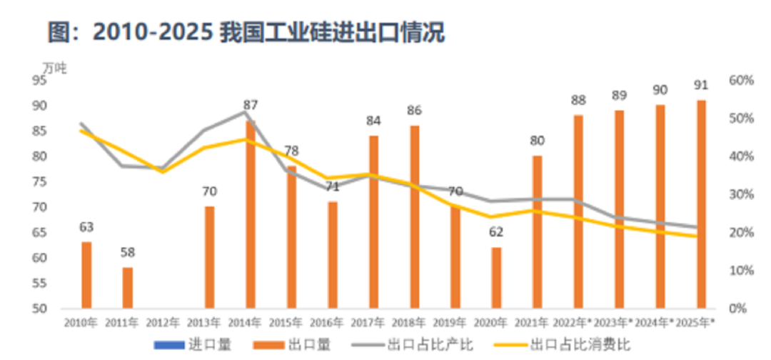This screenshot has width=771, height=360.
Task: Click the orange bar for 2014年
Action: click(251, 214)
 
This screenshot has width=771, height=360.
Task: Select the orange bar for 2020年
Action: click(496, 278)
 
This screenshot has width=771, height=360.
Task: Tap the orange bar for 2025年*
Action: click(701, 204)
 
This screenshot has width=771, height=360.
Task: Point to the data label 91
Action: click(701, 85)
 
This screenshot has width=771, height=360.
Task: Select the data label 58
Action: click(128, 252)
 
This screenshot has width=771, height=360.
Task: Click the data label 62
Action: click(496, 232)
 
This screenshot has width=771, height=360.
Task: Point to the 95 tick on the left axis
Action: click(58, 81)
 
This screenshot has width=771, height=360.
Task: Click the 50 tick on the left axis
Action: click(58, 309)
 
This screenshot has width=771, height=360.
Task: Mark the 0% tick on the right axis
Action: click(738, 309)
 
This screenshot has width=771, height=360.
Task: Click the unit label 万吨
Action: click(54, 68)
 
